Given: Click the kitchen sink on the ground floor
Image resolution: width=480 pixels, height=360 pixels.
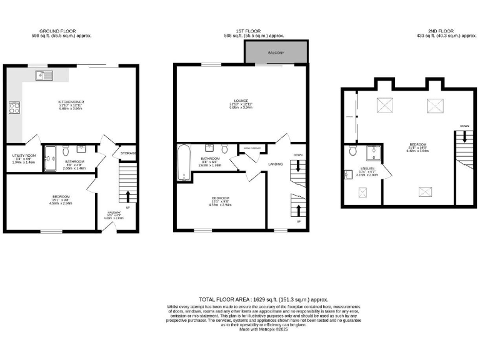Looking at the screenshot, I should (x=44, y=76).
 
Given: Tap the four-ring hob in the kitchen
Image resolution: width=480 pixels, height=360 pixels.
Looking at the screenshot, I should (x=14, y=107).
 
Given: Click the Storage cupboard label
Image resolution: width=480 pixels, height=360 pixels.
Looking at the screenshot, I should (x=129, y=153).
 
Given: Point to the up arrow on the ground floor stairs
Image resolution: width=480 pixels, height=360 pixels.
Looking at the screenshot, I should (x=129, y=194).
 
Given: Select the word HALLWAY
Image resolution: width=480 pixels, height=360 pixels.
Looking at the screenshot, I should (x=114, y=213).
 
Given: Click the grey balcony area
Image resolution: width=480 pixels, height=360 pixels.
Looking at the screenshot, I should (x=276, y=53).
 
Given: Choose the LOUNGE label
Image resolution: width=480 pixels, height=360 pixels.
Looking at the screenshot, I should (x=241, y=102).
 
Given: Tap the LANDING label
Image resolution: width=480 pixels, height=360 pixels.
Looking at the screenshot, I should (x=276, y=164).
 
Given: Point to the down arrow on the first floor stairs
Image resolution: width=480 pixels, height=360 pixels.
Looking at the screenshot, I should (x=299, y=166).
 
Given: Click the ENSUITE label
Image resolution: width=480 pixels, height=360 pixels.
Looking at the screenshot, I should (x=367, y=169).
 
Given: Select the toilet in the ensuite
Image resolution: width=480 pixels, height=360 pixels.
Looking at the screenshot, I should (x=352, y=151).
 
